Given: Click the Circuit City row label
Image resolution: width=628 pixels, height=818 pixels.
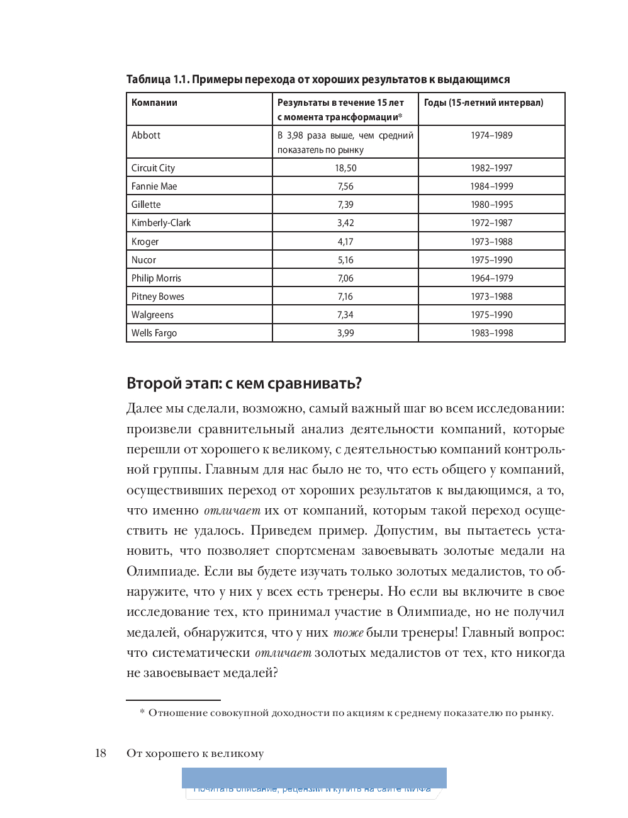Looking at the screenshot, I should [153, 168].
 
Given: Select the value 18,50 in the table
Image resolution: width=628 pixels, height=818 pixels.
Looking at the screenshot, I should [345, 168].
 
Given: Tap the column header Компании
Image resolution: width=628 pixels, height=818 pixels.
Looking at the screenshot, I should [154, 103].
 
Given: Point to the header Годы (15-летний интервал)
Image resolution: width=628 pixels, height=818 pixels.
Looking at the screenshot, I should [483, 103].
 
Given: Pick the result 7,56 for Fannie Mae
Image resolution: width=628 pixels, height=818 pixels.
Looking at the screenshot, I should [345, 186].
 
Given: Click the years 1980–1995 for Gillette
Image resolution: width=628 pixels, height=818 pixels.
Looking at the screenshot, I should [491, 205].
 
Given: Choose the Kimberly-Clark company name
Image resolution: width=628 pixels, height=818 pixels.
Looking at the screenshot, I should [160, 223].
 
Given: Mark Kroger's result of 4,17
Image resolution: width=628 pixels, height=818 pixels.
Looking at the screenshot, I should [345, 242].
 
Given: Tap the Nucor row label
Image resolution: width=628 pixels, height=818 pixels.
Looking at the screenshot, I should [143, 260].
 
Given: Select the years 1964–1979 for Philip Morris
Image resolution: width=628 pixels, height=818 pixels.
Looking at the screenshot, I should [491, 278].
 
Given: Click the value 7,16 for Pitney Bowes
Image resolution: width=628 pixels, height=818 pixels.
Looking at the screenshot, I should [345, 297].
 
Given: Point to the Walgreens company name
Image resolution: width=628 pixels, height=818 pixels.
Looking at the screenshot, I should [152, 315].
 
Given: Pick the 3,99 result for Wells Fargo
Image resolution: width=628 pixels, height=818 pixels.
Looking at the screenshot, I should [345, 333].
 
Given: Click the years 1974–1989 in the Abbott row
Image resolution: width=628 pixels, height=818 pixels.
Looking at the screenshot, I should [491, 135].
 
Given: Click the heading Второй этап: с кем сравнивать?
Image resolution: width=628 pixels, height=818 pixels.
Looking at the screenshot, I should [244, 383].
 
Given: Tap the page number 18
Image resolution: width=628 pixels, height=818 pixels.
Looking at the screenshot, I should [101, 753].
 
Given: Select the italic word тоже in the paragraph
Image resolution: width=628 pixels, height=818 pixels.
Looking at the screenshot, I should [348, 632].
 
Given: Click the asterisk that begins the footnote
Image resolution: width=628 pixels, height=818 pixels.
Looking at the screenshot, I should [142, 712].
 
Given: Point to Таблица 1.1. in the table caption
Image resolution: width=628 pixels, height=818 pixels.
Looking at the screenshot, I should [157, 79].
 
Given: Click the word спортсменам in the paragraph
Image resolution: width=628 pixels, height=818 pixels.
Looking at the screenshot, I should [315, 551].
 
